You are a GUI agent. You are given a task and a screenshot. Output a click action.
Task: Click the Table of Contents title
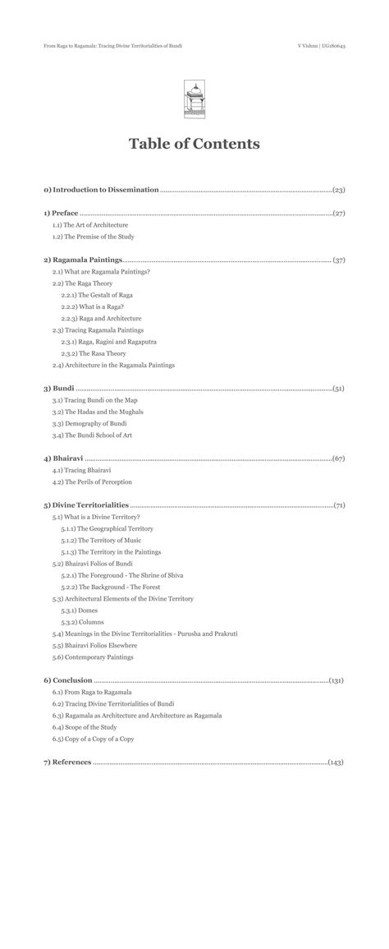(194, 144)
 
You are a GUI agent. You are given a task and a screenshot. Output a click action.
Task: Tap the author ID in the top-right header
(321, 46)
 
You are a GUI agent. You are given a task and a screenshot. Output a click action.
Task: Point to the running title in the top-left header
(112, 46)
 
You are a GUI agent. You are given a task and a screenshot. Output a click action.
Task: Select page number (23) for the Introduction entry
(338, 190)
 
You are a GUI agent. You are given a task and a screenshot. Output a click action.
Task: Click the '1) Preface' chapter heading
(61, 213)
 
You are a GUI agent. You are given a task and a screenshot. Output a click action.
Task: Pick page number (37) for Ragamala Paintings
(338, 260)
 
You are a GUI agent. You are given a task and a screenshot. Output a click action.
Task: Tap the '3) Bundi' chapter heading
(59, 388)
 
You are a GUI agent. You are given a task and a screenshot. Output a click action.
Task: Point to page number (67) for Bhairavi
(338, 458)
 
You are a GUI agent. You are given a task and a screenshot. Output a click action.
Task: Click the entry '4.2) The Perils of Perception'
(92, 482)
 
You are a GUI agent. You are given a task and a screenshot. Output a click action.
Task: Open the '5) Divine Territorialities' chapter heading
(86, 505)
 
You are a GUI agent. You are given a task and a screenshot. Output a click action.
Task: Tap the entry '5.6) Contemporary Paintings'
(93, 657)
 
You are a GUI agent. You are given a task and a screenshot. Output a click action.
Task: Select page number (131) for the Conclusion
(336, 681)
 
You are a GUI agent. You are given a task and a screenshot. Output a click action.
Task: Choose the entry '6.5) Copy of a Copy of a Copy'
(93, 739)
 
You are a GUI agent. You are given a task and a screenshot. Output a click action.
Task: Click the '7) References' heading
(67, 762)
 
